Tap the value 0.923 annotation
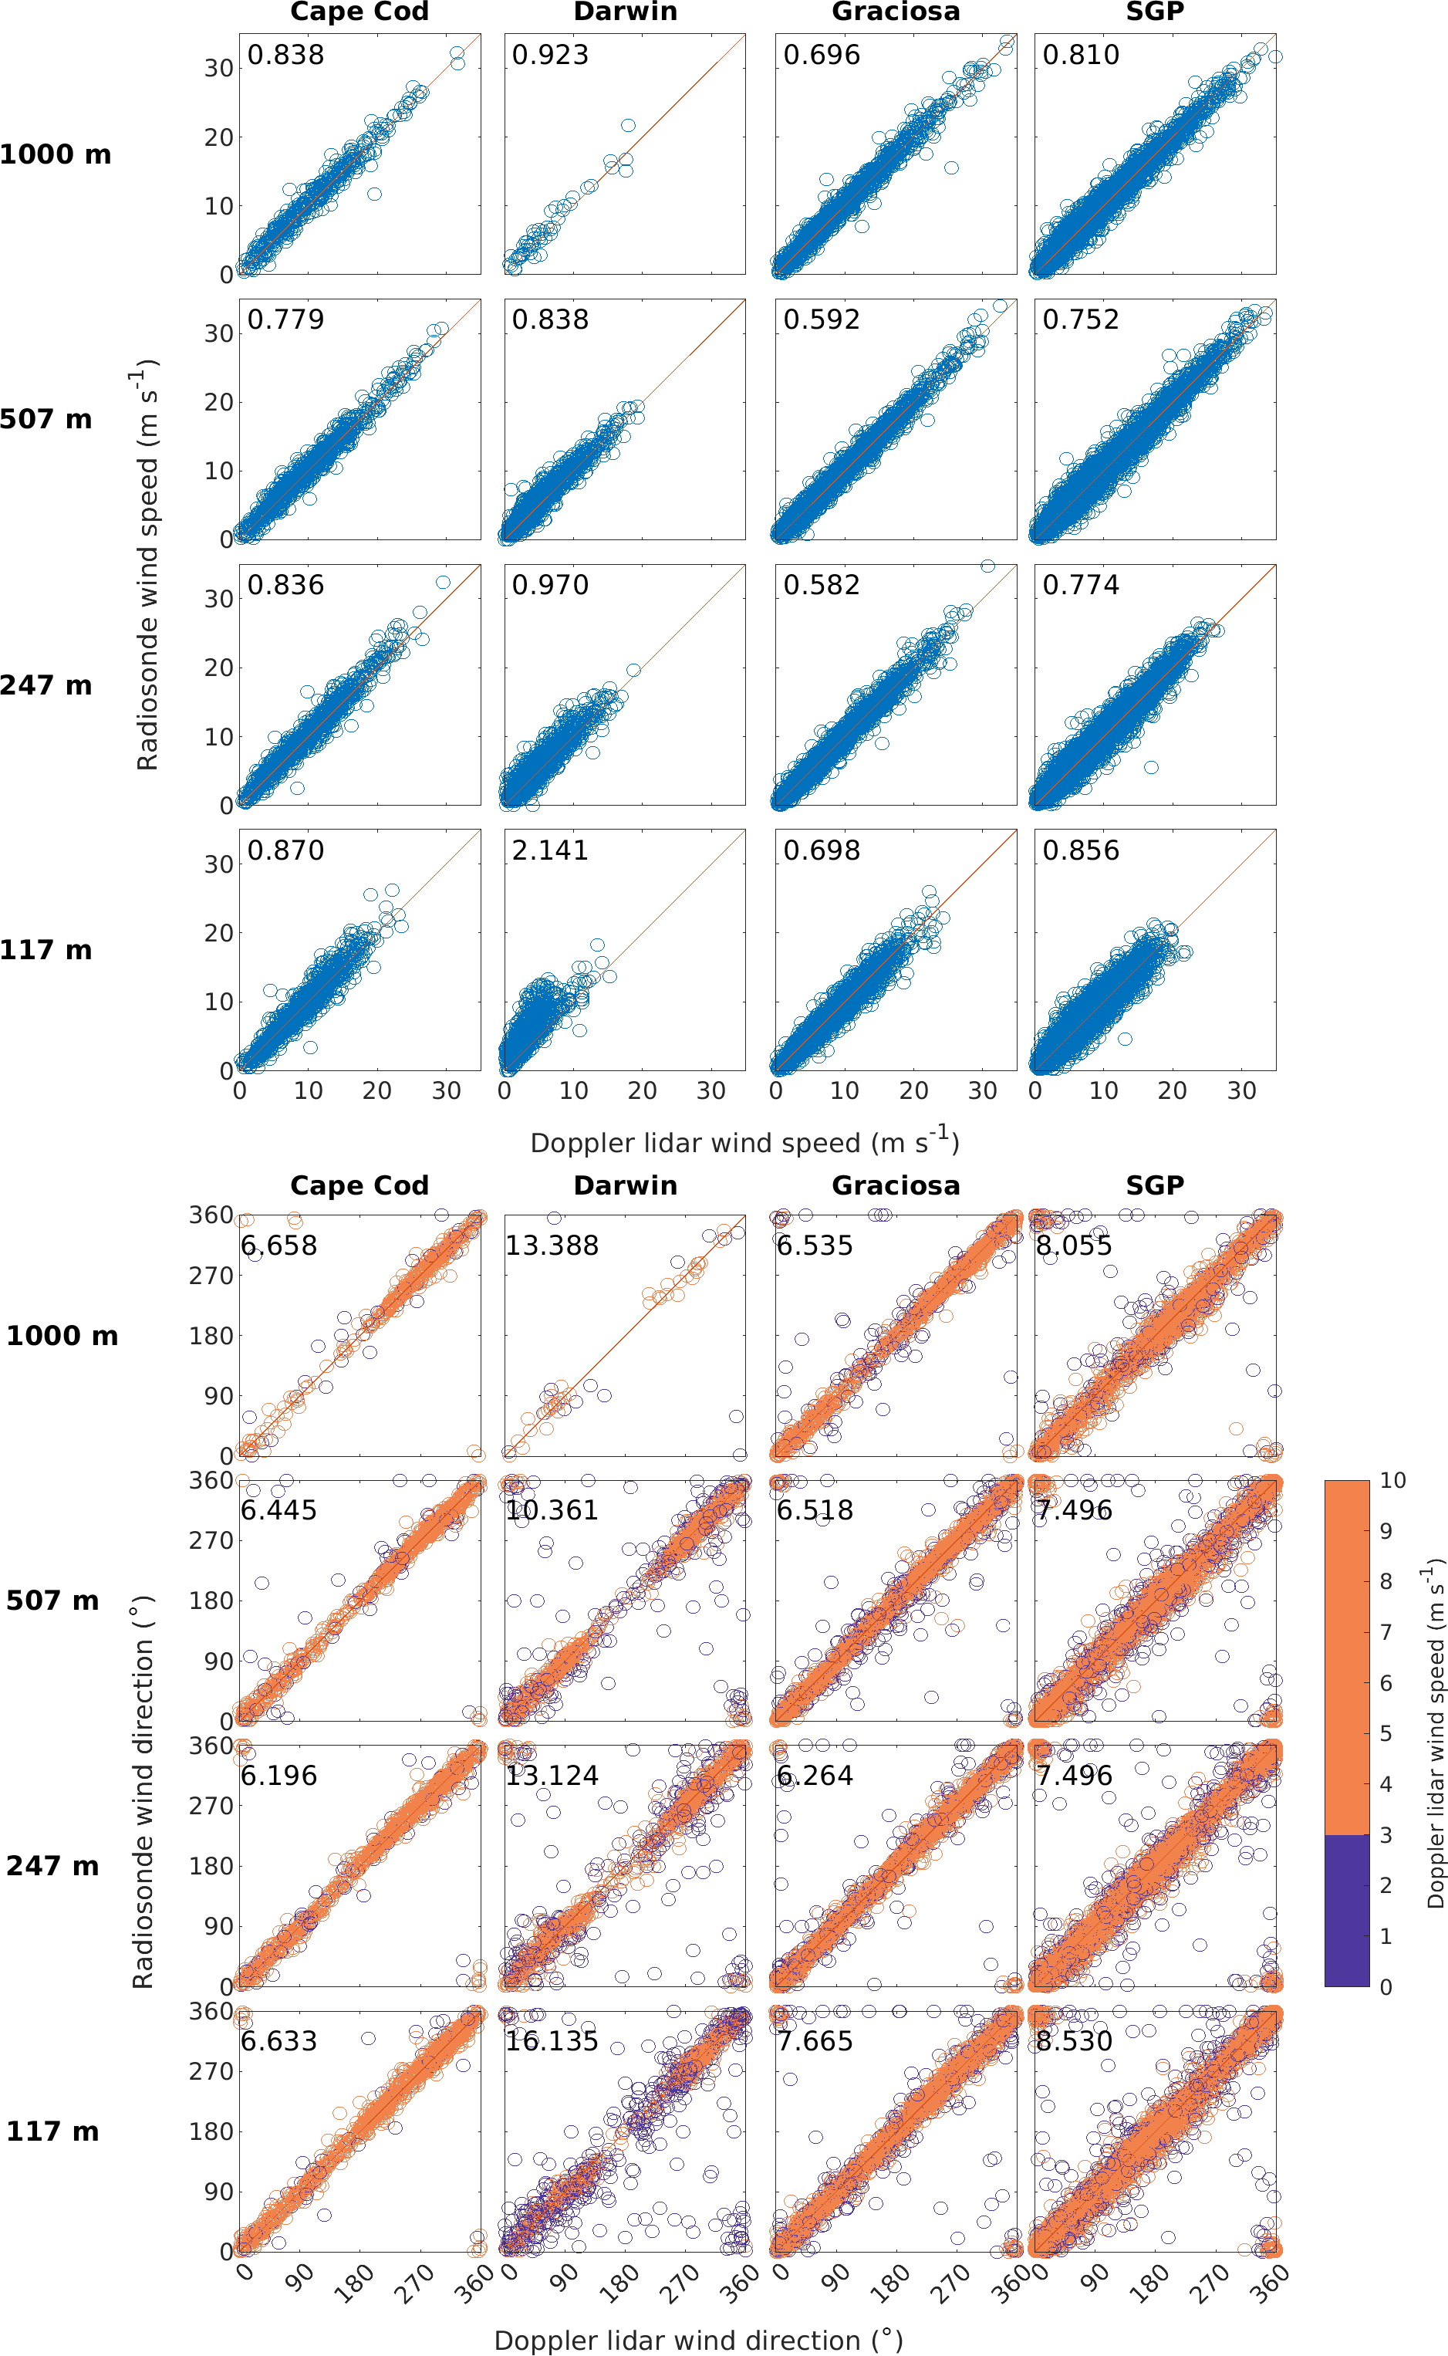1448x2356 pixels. [550, 55]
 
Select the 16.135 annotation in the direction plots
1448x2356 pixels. [552, 2041]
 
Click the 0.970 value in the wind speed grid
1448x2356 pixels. [550, 585]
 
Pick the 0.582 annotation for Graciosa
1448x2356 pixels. [822, 585]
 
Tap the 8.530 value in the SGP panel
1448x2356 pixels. [1074, 2041]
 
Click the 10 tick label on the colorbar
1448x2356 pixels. [1392, 1481]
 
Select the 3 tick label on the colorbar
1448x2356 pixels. [1386, 1835]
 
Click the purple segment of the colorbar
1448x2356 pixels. [1346, 1910]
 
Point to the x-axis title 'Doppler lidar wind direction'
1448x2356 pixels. [698, 2341]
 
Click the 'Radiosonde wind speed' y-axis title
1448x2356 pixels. [147, 565]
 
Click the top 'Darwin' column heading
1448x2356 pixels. [626, 12]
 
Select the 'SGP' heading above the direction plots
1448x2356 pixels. [1155, 1185]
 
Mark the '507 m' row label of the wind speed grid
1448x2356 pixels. [46, 420]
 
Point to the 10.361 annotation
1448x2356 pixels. [552, 1510]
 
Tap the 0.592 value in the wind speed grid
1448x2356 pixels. [822, 320]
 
